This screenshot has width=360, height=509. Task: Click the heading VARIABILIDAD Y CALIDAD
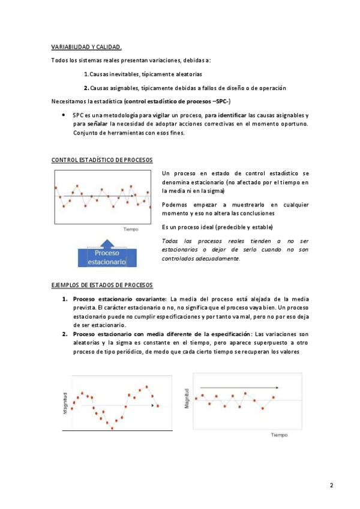tap(87, 47)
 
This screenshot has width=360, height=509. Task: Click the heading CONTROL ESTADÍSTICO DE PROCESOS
tap(103, 160)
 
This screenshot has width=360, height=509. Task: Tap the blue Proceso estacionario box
tap(107, 257)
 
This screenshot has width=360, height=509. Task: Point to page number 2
tap(331, 485)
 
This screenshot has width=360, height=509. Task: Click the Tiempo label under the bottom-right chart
tap(278, 435)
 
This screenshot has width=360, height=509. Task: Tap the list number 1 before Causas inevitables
tap(86, 74)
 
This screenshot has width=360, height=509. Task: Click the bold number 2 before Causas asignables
tap(86, 88)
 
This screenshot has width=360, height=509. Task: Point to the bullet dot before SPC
tap(64, 114)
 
